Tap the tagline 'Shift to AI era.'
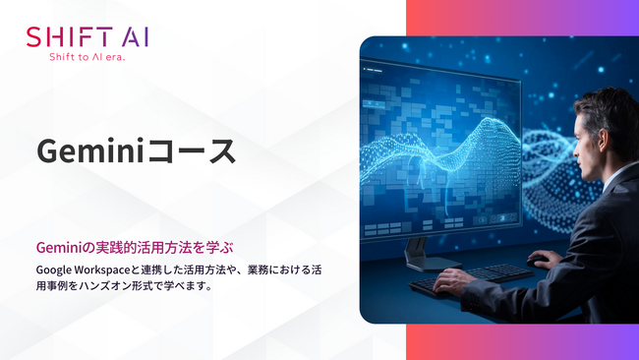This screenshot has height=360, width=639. [87, 58]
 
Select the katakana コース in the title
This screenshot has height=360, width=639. [202, 151]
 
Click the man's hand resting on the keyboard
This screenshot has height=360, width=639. [454, 281]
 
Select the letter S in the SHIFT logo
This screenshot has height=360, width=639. [35, 37]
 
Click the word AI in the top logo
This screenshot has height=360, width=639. [135, 37]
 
